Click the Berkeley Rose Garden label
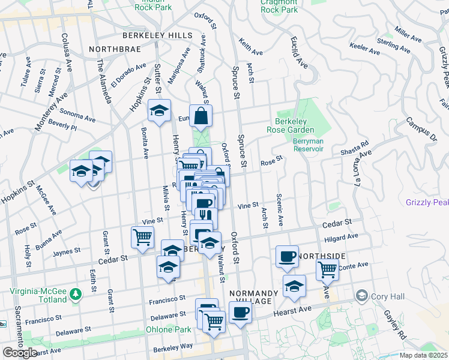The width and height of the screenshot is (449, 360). point(291,125)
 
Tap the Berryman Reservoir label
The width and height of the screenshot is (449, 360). point(309,145)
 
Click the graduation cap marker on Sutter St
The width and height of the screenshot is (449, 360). point(160,112)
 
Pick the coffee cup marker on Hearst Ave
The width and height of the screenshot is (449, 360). point(240,313)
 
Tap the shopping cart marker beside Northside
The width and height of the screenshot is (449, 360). point(327,269)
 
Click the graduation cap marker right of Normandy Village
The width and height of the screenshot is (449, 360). point(294,287)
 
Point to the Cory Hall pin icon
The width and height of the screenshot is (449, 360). point(361,295)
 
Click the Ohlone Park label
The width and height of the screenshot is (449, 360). point(168,329)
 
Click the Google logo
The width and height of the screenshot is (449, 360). point(20,353)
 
